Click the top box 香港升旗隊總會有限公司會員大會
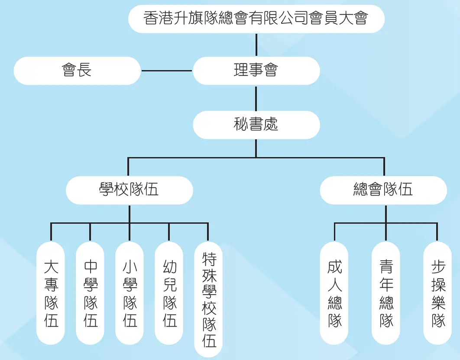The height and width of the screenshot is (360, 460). pyautogui.click(x=256, y=19)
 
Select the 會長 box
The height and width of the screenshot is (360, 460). pyautogui.click(x=77, y=71)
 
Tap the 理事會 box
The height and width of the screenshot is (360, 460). pyautogui.click(x=256, y=71)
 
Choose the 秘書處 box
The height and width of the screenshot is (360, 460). pyautogui.click(x=256, y=125)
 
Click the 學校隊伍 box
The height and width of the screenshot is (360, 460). pyautogui.click(x=129, y=190)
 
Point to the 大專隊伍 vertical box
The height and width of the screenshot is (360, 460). pyautogui.click(x=51, y=293)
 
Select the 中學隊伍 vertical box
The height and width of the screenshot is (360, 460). pyautogui.click(x=90, y=293)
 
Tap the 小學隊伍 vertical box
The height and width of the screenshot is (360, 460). pyautogui.click(x=130, y=293)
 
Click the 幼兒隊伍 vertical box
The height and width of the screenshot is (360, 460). pyautogui.click(x=169, y=293)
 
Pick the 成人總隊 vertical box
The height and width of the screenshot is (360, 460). pyautogui.click(x=334, y=293)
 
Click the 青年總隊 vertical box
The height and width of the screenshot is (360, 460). pyautogui.click(x=386, y=293)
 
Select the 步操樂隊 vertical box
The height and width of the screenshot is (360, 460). pyautogui.click(x=437, y=293)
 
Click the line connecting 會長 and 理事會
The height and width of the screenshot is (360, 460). pyautogui.click(x=167, y=71)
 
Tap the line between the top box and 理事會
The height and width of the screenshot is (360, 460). pyautogui.click(x=256, y=45)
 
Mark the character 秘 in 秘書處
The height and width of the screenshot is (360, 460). pyautogui.click(x=241, y=125)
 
